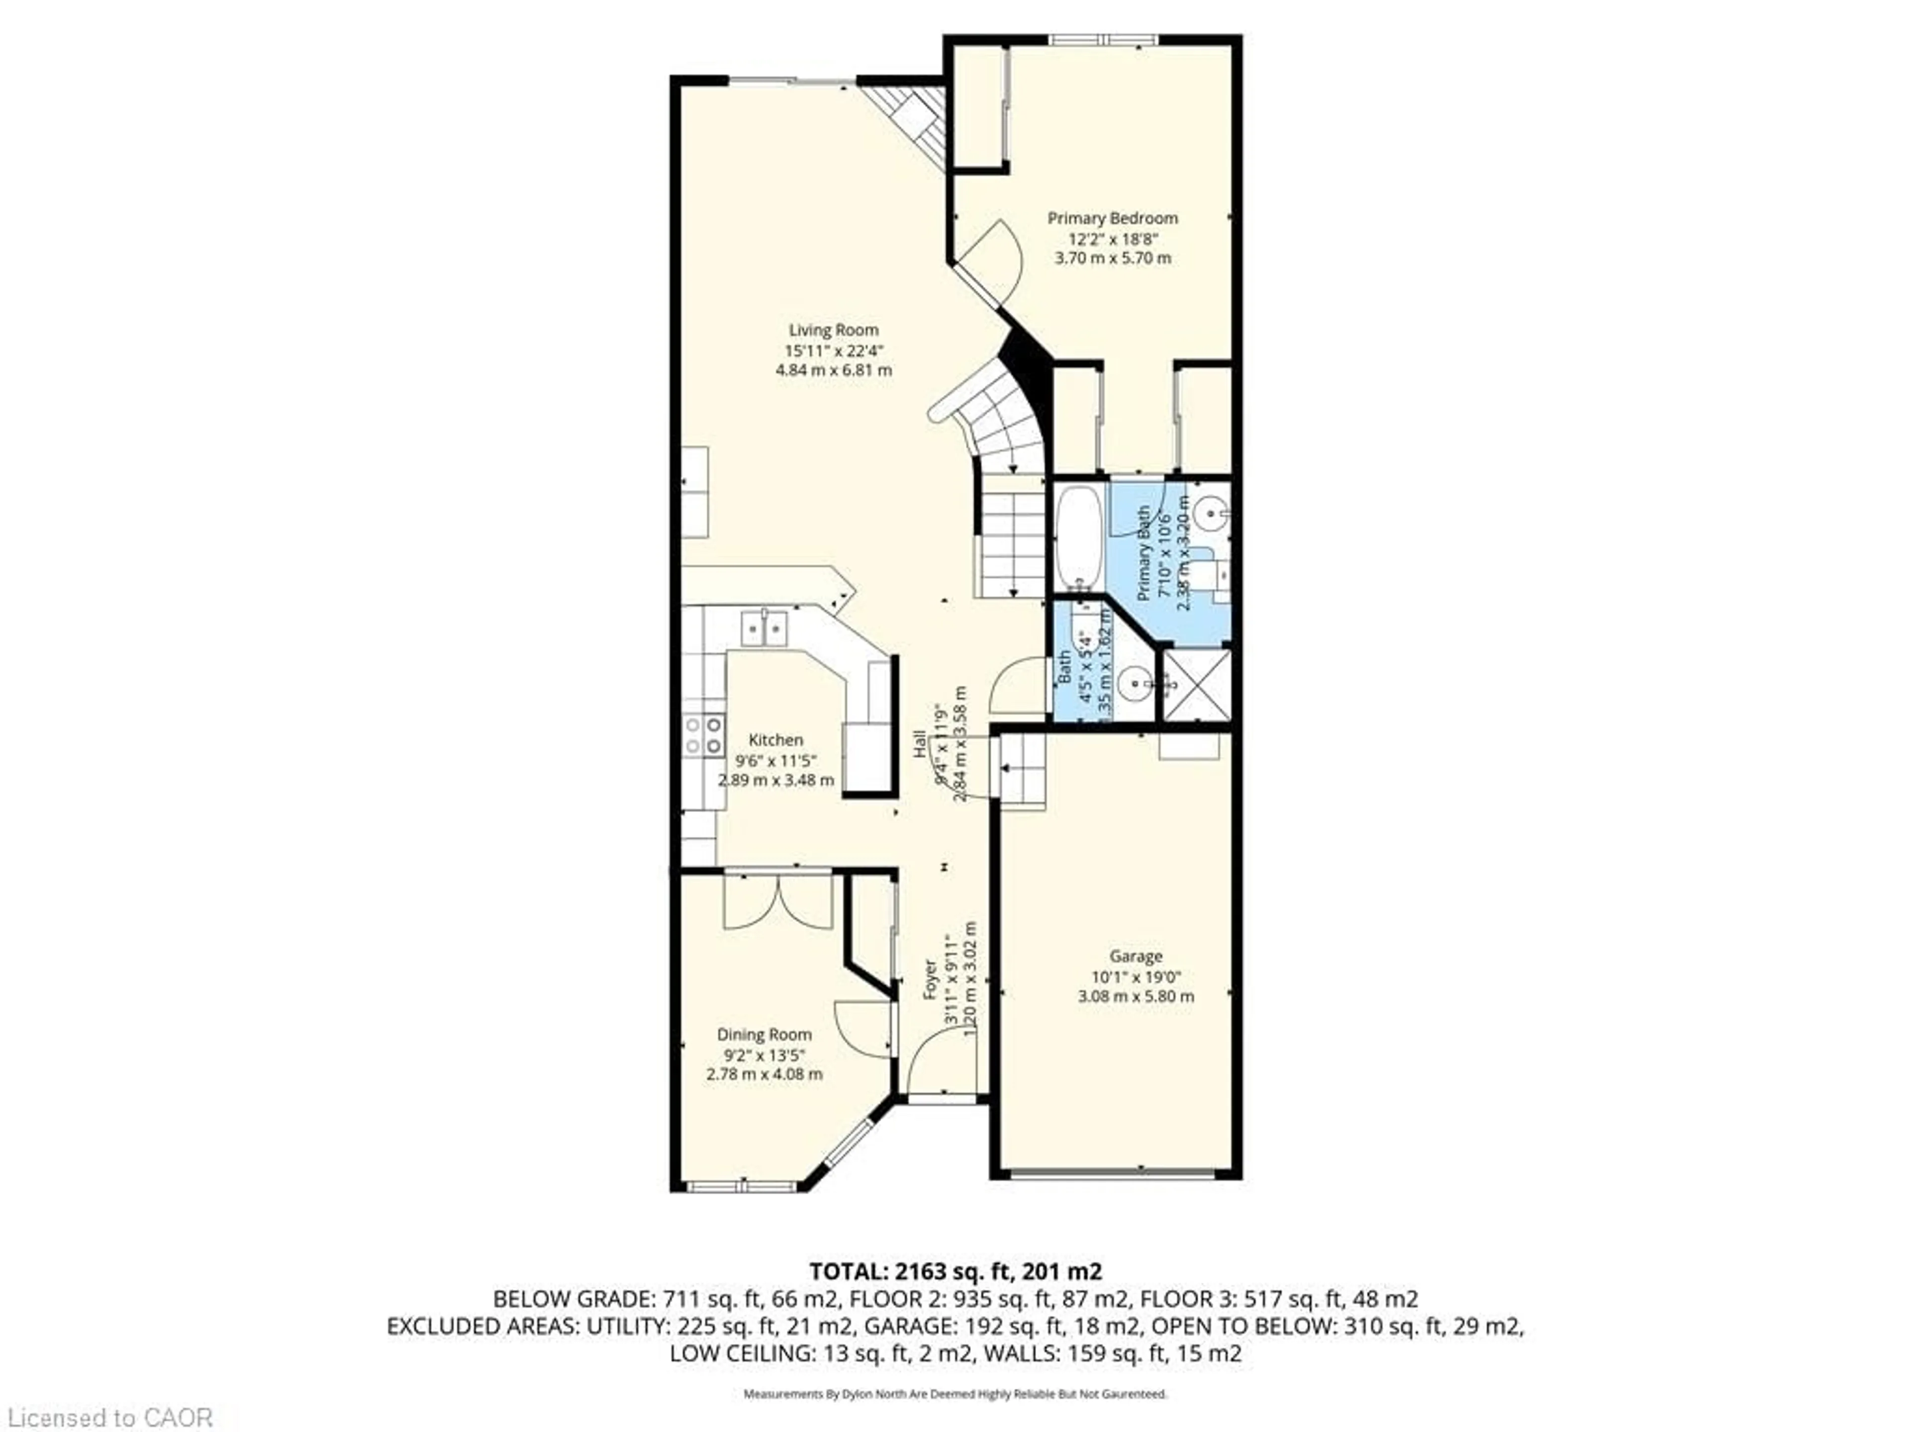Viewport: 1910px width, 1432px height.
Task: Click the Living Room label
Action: pos(833,330)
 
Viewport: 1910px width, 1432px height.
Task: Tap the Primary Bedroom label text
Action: pos(1112,218)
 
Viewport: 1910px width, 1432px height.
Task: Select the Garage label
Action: pos(1136,956)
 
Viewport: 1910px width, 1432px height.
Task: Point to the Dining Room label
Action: pos(764,1034)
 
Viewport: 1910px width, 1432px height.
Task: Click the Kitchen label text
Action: pos(775,740)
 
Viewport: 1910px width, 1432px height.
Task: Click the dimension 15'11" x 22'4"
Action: pos(833,351)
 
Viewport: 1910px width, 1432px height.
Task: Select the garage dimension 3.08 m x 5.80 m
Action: pos(1136,996)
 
